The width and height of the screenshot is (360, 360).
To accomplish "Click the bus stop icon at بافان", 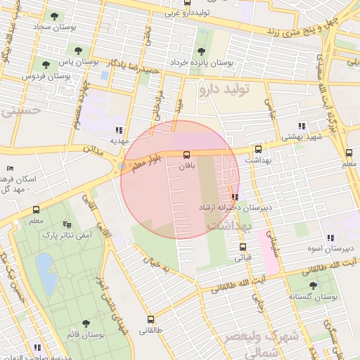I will (186, 155).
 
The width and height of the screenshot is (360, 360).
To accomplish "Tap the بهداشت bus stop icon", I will (258, 149).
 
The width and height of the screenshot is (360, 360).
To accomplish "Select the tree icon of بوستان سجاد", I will (53, 15).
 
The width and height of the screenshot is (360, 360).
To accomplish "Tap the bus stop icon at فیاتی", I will (243, 247).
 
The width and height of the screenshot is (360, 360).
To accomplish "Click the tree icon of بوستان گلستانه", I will (313, 285).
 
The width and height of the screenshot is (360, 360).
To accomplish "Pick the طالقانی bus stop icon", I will (149, 319).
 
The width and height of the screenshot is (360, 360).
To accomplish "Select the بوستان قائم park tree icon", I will (85, 323).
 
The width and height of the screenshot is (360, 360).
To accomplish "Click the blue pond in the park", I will (46, 274).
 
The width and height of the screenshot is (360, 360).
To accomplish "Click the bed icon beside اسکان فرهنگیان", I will (9, 169).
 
